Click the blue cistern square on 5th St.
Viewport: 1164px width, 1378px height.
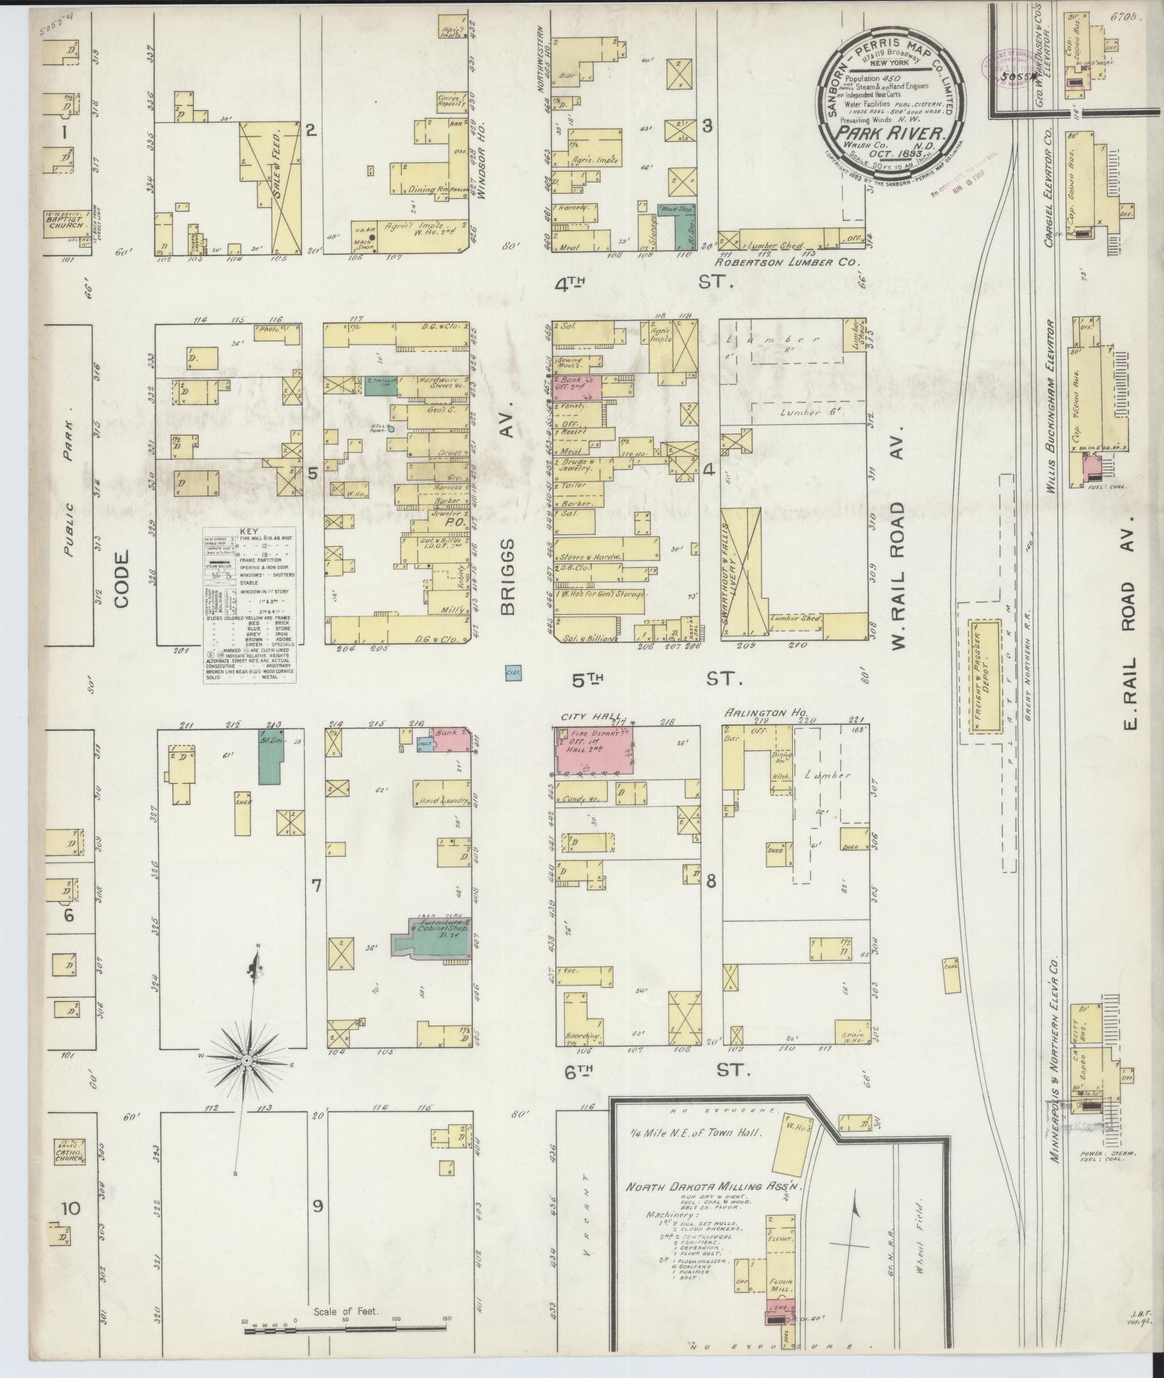(x=512, y=673)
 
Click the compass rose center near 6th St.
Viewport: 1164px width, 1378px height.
(x=246, y=1060)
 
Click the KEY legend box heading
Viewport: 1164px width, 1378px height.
(x=250, y=532)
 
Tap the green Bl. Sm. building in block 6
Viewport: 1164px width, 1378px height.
(x=271, y=757)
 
